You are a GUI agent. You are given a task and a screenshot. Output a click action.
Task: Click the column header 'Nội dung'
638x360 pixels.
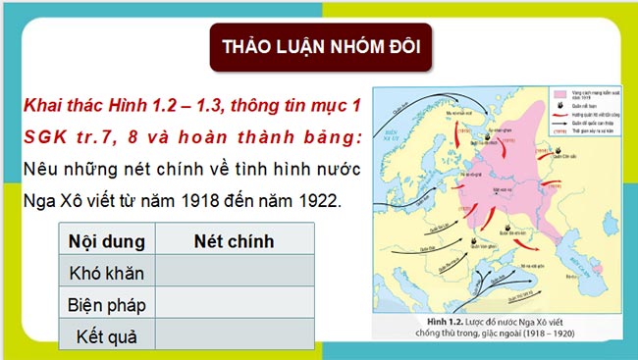tap(106, 240)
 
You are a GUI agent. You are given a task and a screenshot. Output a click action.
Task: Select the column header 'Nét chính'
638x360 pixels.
tap(235, 240)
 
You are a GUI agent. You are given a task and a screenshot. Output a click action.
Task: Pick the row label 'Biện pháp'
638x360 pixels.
tap(106, 305)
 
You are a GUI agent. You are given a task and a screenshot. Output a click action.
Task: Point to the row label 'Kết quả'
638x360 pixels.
tap(106, 336)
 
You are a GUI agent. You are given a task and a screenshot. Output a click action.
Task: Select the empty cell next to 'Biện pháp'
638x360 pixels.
tap(235, 305)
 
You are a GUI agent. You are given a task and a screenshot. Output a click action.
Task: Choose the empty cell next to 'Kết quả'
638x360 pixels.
tap(235, 336)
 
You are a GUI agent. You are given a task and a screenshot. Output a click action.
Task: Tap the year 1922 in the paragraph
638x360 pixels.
tap(312, 202)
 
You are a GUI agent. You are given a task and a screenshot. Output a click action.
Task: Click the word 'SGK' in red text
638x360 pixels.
tap(43, 136)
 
